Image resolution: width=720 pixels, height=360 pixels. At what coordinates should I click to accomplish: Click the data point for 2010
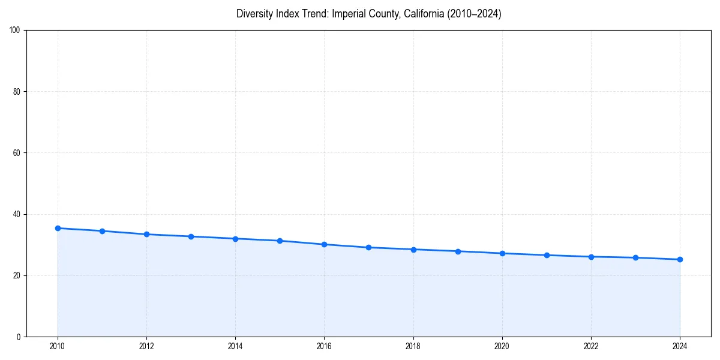[58, 228]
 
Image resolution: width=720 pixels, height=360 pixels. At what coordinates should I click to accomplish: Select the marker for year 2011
[102, 231]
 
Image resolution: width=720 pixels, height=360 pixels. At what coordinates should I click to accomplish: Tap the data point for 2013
[191, 236]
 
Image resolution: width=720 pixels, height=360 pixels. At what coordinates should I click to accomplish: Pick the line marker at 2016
[324, 244]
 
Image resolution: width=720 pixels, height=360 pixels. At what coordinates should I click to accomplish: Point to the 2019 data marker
[458, 251]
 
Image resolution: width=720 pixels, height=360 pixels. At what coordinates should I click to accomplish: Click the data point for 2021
[547, 255]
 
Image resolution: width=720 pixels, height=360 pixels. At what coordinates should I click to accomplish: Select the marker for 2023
[635, 257]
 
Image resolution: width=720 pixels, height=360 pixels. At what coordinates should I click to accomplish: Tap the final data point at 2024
[680, 259]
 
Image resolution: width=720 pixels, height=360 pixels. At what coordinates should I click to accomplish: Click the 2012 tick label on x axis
[146, 346]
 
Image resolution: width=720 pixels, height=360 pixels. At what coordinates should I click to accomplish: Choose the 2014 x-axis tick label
[235, 346]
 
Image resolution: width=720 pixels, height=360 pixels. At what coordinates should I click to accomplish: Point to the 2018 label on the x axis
[413, 346]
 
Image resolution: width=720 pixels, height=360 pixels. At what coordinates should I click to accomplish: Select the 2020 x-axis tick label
[502, 346]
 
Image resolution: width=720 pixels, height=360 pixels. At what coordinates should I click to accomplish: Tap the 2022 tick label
[591, 346]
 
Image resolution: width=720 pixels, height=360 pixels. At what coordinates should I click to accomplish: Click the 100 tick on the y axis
[16, 30]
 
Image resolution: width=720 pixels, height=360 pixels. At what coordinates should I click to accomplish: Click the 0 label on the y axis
[19, 337]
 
